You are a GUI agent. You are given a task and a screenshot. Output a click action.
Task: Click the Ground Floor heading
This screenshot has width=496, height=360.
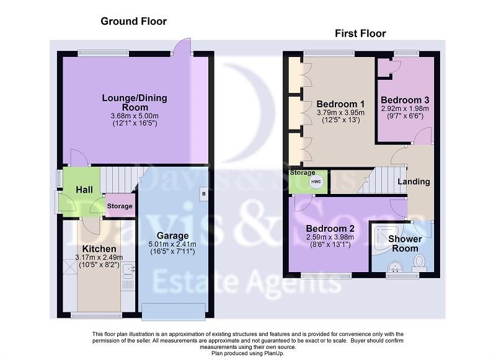[x=133, y=21]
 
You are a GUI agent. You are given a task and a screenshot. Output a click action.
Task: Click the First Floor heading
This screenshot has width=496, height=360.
[x=360, y=33]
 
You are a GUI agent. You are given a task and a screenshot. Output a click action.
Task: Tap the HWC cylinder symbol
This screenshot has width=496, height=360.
[x=316, y=182]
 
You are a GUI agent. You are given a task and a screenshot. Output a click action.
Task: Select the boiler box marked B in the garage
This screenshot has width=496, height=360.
[x=204, y=194]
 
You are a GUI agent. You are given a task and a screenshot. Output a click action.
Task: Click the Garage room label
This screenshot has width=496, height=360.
[x=173, y=235]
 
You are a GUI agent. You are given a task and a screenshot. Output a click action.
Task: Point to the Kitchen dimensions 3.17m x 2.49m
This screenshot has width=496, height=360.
[x=99, y=258]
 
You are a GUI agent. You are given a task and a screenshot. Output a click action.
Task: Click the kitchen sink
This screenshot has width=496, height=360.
[x=128, y=271]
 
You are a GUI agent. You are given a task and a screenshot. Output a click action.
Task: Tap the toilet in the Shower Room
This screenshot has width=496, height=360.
[x=420, y=263]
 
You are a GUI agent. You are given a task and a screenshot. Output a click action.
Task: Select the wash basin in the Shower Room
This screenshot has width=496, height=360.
[x=395, y=266]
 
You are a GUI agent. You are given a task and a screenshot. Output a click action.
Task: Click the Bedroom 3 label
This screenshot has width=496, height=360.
[x=405, y=100]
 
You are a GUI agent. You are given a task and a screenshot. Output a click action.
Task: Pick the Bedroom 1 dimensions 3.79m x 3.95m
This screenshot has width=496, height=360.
[x=340, y=113]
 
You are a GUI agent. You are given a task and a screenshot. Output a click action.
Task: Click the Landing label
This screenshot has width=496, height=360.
[x=414, y=182]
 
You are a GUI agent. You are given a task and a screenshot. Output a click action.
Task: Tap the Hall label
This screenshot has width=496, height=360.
[x=84, y=190]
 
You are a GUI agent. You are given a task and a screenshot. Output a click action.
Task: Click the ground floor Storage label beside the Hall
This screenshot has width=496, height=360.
[x=120, y=206]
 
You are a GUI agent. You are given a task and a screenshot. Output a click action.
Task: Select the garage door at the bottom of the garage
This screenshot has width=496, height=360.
[x=174, y=312]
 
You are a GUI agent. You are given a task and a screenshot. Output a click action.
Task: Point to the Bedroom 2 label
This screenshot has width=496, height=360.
[x=330, y=229]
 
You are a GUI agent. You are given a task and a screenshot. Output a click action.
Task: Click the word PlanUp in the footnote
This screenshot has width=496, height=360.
[x=273, y=353]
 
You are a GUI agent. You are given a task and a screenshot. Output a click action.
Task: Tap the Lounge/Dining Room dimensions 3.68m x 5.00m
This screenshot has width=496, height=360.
[x=135, y=116]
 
